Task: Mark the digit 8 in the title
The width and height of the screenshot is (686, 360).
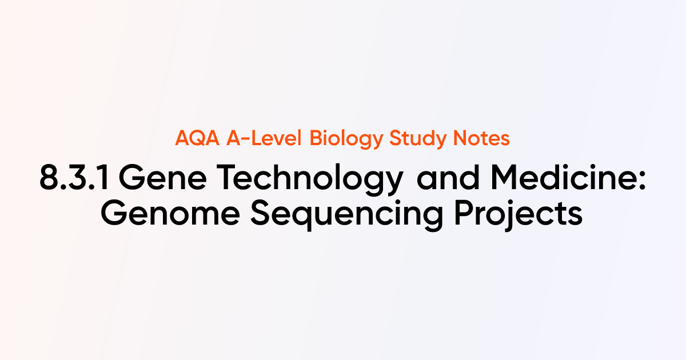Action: pyautogui.click(x=50, y=179)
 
